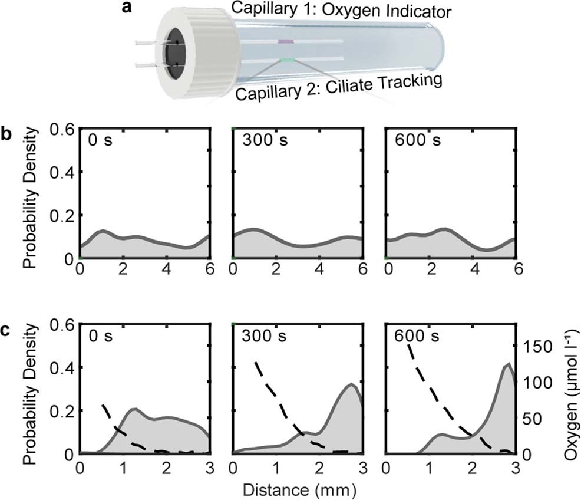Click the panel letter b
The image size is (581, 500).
pyautogui.click(x=7, y=134)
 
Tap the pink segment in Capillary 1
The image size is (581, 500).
pyautogui.click(x=286, y=42)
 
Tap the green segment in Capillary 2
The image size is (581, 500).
pyautogui.click(x=288, y=60)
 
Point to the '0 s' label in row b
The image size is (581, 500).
pyautogui.click(x=98, y=142)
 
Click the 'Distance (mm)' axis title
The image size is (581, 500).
pyautogui.click(x=297, y=489)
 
